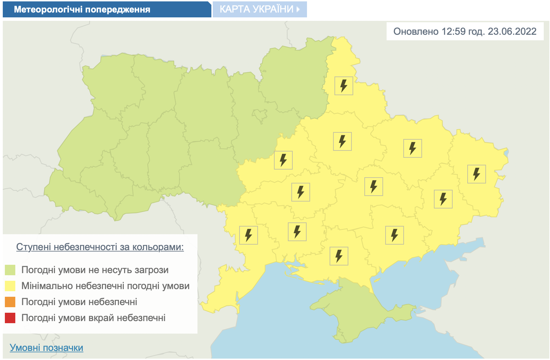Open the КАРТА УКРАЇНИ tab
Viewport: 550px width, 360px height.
click(x=256, y=9)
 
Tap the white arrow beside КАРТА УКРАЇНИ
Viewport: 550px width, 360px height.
click(x=298, y=9)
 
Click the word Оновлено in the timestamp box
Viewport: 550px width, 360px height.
click(x=416, y=32)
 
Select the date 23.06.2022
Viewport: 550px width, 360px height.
click(x=512, y=32)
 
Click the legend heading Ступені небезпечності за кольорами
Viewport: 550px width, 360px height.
click(x=100, y=247)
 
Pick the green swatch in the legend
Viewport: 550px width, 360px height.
click(x=10, y=270)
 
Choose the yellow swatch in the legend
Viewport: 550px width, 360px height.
click(x=10, y=286)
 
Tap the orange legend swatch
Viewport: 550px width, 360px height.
click(x=10, y=302)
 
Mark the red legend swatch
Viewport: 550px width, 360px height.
click(x=10, y=318)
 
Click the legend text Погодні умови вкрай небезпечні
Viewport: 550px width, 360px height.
click(x=93, y=318)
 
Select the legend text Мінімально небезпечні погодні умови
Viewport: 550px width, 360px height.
click(x=105, y=286)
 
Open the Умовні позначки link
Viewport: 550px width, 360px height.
click(x=46, y=347)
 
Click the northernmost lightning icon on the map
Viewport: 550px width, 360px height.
click(x=343, y=86)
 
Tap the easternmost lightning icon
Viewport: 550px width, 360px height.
click(x=476, y=174)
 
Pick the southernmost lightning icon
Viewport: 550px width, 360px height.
click(x=339, y=256)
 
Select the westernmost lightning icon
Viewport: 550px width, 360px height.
click(x=248, y=235)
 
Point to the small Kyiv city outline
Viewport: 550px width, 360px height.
click(x=260, y=115)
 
